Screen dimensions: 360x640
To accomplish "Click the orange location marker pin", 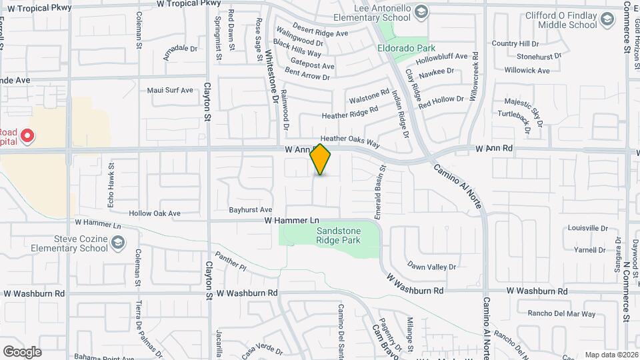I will click(321, 159).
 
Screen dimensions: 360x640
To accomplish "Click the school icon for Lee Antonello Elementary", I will click(421, 11).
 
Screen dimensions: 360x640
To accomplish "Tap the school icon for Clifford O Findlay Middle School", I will click(606, 20).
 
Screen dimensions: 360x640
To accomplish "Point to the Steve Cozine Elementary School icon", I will click(117, 243).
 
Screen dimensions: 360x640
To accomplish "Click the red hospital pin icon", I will click(27, 137).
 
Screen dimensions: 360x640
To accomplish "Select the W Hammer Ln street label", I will click(292, 219).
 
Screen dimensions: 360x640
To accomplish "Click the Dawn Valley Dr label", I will click(431, 267).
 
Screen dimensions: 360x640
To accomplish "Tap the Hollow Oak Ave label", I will click(155, 213).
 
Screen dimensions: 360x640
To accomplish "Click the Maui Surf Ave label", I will click(169, 90).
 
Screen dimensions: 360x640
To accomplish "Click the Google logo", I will click(22, 351).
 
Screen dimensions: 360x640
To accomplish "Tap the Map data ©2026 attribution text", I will click(611, 355).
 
